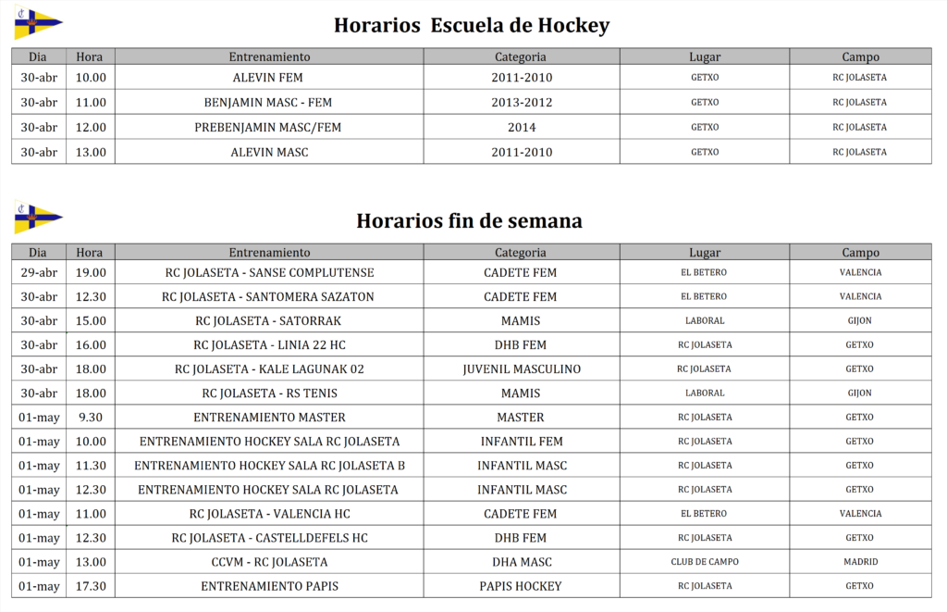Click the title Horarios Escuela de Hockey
472,25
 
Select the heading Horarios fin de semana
469,221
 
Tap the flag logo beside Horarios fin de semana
38,219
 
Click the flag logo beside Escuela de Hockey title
38,24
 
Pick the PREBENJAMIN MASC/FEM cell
268,128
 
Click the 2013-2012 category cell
522,103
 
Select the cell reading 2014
522,128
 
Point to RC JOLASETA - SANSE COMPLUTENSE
269,273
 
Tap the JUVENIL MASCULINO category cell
522,369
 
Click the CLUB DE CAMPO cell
705,562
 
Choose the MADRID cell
860,562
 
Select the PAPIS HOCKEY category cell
521,586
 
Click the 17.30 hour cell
91,586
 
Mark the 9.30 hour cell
91,418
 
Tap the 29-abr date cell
38,273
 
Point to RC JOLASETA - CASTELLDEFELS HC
269,538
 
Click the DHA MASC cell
522,562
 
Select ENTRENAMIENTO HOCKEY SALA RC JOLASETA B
269,466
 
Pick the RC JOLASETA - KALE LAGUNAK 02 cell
269,369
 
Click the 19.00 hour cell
91,273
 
